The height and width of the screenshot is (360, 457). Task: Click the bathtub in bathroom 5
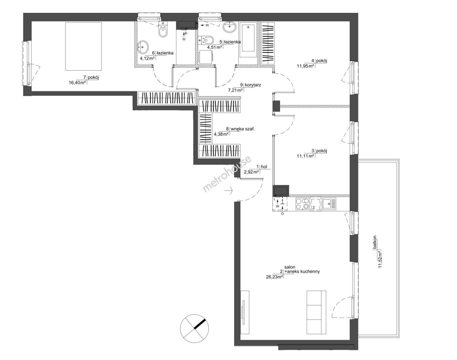pyautogui.click(x=248, y=39)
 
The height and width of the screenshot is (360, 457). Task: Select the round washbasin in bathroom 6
pyautogui.click(x=143, y=47)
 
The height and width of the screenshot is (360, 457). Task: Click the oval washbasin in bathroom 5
pyautogui.click(x=230, y=27)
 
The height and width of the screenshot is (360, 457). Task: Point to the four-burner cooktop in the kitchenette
pyautogui.click(x=302, y=204)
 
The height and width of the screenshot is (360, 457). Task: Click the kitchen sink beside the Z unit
pyautogui.click(x=329, y=204)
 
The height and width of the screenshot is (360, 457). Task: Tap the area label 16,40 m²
pyautogui.click(x=77, y=83)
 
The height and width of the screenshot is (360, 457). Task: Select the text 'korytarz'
pyautogui.click(x=253, y=85)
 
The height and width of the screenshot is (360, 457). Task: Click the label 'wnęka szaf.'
pyautogui.click(x=243, y=129)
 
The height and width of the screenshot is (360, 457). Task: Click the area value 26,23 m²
pyautogui.click(x=274, y=277)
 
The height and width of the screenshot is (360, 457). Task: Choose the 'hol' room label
pyautogui.click(x=264, y=167)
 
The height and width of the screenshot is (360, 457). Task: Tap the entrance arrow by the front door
pyautogui.click(x=229, y=191)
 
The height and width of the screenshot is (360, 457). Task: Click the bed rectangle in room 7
pyautogui.click(x=83, y=46)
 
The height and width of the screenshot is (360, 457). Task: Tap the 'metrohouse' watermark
pyautogui.click(x=227, y=174)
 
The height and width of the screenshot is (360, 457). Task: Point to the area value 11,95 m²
pyautogui.click(x=305, y=66)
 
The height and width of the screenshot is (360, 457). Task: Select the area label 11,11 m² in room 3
pyautogui.click(x=305, y=156)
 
